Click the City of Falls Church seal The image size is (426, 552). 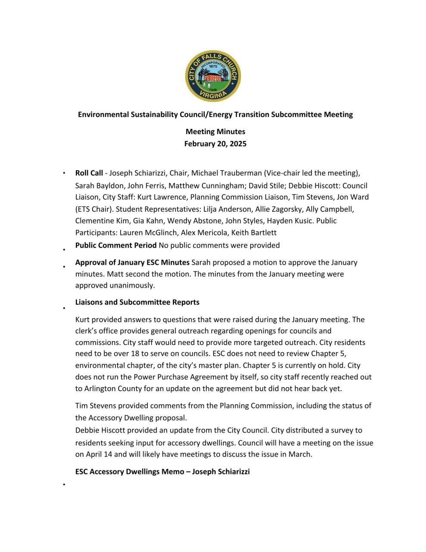pos(213,76)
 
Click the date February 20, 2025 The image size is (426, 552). pos(215,144)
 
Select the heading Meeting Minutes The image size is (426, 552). pos(215,132)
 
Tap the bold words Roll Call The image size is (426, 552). pos(89,173)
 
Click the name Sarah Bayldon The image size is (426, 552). pos(95,186)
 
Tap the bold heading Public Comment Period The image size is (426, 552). pos(116,245)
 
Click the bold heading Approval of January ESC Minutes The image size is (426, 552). pos(132,262)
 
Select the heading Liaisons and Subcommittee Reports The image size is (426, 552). pos(137,302)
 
